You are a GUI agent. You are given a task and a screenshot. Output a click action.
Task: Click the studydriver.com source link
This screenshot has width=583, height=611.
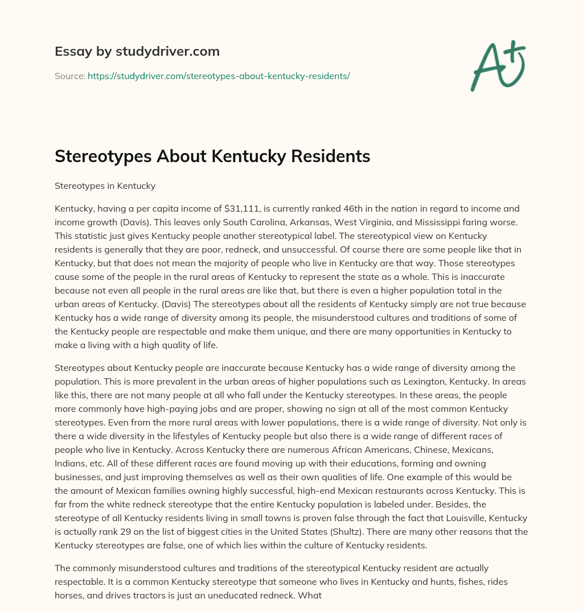(219, 76)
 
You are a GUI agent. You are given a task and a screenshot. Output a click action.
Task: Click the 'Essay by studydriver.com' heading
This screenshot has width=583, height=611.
(137, 51)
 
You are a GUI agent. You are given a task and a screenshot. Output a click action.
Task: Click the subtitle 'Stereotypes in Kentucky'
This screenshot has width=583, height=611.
(105, 186)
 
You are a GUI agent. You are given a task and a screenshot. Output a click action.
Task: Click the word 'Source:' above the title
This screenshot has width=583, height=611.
(70, 76)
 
